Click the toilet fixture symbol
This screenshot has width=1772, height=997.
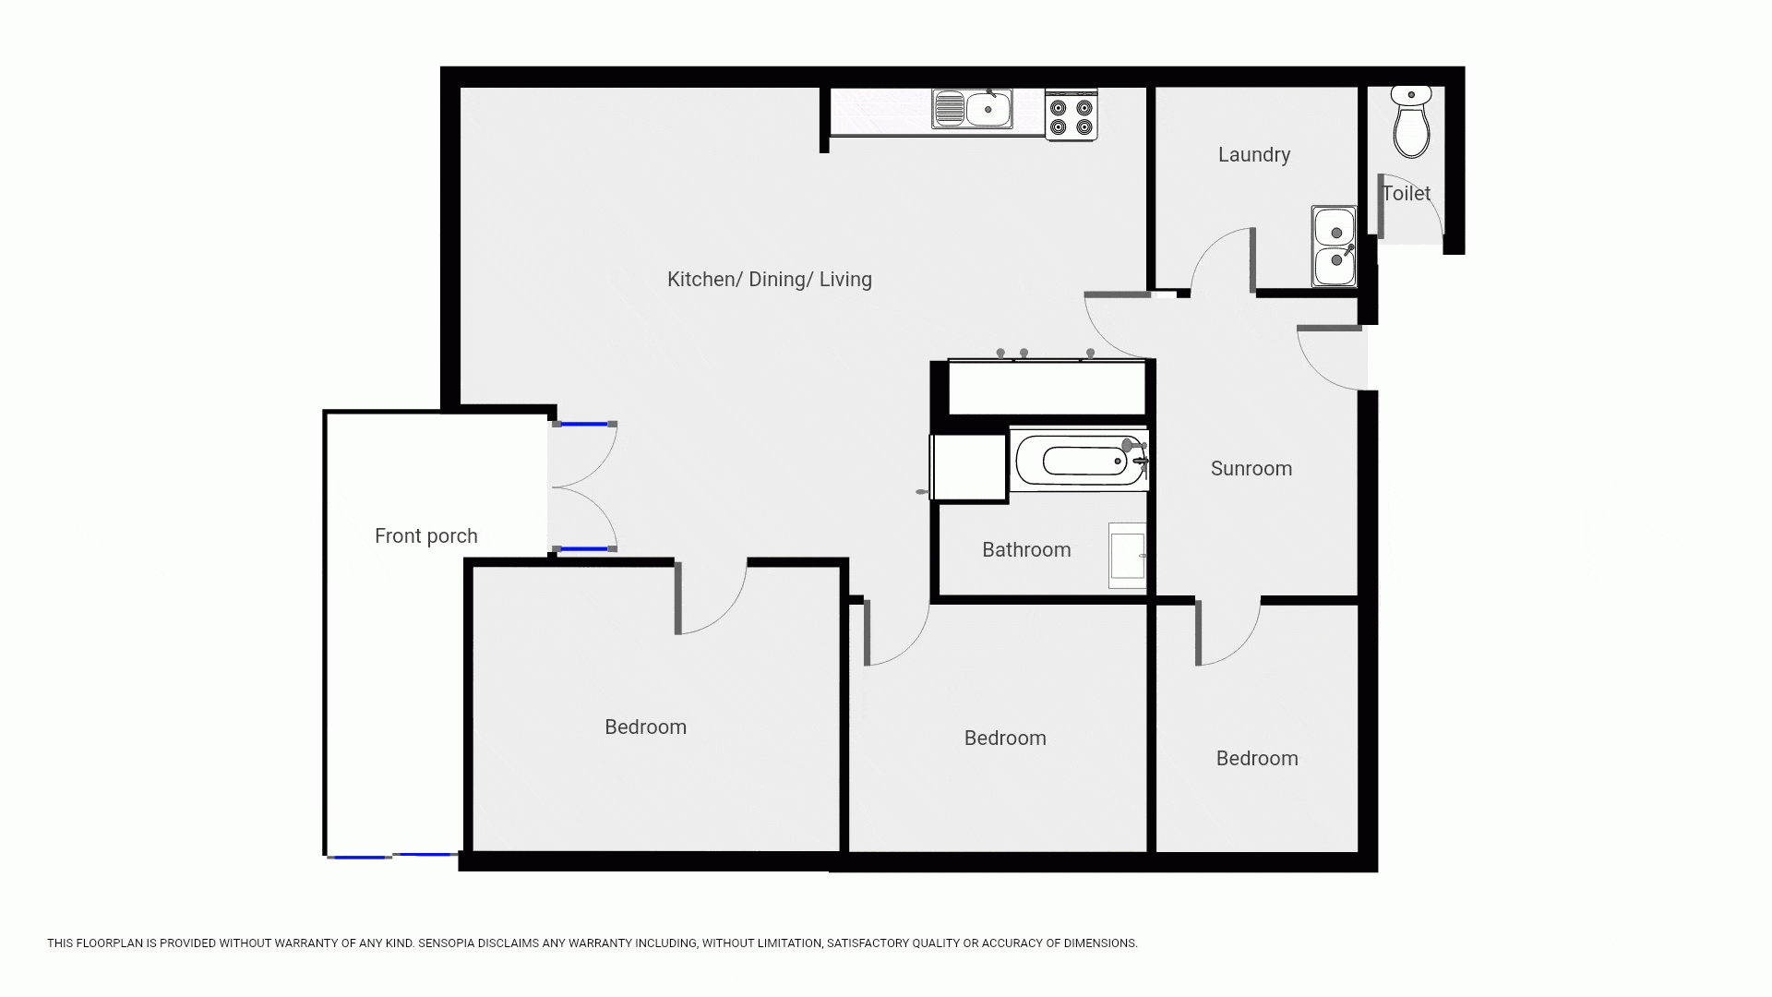[1411, 122]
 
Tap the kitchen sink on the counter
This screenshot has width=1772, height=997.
[973, 109]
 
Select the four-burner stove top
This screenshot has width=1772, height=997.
[1072, 115]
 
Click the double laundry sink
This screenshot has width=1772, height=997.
[1335, 246]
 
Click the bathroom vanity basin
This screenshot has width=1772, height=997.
[1127, 556]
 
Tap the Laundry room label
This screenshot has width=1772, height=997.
[1254, 155]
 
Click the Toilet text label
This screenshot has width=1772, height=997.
[1406, 194]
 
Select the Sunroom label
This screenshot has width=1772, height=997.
[1251, 469]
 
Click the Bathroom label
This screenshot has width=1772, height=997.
[1026, 550]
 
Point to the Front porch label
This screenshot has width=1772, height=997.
[426, 536]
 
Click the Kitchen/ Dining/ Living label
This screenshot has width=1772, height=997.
[770, 280]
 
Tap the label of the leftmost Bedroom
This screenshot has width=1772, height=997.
[646, 727]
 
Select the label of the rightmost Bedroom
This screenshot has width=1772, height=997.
[1257, 759]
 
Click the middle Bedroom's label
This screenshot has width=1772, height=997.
[1005, 739]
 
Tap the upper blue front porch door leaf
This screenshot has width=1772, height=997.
[585, 424]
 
